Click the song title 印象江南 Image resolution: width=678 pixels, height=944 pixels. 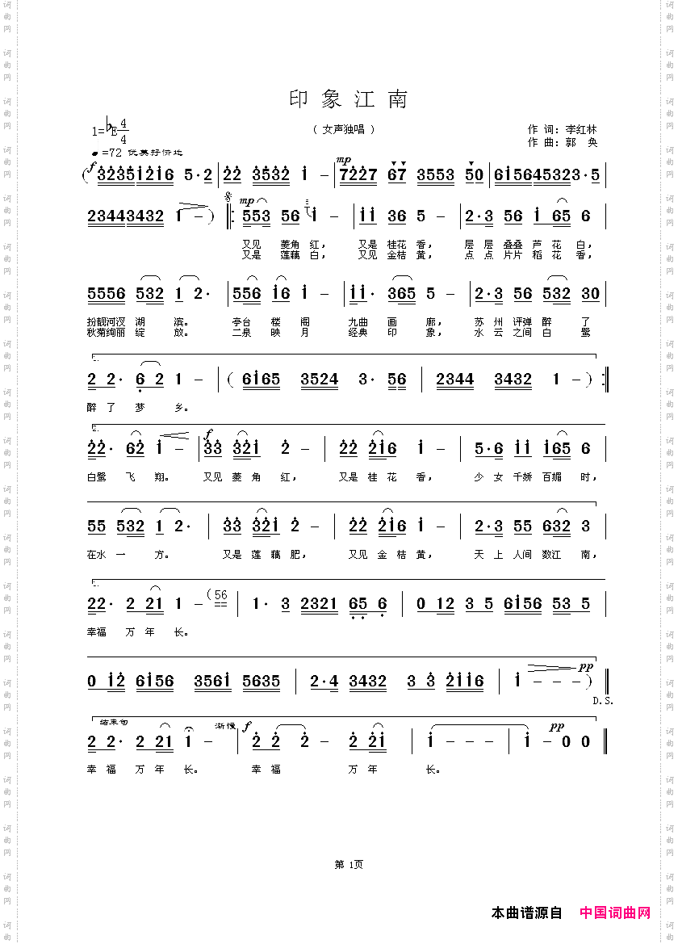349,99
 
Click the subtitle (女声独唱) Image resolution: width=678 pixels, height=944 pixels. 344,129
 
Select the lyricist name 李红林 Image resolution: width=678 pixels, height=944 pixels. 580,129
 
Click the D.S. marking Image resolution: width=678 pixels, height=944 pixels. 603,700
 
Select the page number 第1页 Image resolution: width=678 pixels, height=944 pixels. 349,865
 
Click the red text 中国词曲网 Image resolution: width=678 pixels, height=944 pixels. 615,913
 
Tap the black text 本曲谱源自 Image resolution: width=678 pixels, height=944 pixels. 526,913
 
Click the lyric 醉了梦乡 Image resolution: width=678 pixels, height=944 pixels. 136,407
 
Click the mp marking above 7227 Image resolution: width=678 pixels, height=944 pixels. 344,160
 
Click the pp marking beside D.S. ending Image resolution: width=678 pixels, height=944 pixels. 586,668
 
